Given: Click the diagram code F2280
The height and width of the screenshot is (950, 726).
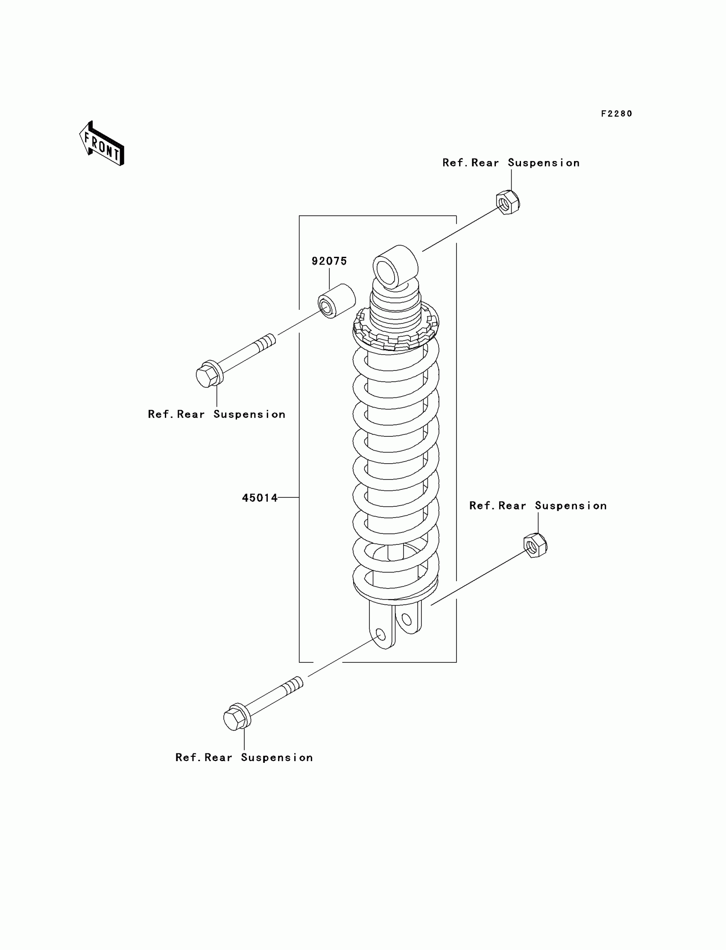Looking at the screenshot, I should pyautogui.click(x=616, y=114).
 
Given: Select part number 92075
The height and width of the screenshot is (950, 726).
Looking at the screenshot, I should pyautogui.click(x=329, y=261).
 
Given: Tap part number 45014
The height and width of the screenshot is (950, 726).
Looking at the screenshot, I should pyautogui.click(x=260, y=498).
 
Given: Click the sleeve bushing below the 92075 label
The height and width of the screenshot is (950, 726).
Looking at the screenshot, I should pyautogui.click(x=337, y=301).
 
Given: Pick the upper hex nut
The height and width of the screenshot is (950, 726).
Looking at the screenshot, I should pyautogui.click(x=508, y=202).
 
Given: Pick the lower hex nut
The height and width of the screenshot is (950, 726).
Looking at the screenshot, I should pyautogui.click(x=535, y=545).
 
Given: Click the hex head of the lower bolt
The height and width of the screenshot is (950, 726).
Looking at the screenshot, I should pyautogui.click(x=235, y=719).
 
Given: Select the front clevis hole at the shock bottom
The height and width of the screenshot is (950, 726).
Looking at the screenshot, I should pyautogui.click(x=381, y=635).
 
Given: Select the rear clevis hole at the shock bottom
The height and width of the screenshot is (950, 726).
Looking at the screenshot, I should pyautogui.click(x=407, y=620).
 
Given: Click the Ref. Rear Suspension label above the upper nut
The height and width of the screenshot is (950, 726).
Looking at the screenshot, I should pyautogui.click(x=511, y=163).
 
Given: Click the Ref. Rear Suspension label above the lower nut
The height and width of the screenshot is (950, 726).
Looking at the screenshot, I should pyautogui.click(x=538, y=506).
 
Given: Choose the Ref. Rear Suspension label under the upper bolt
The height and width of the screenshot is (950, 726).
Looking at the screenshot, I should pyautogui.click(x=217, y=414).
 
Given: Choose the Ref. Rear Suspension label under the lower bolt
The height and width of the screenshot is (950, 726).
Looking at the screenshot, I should pyautogui.click(x=244, y=758).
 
